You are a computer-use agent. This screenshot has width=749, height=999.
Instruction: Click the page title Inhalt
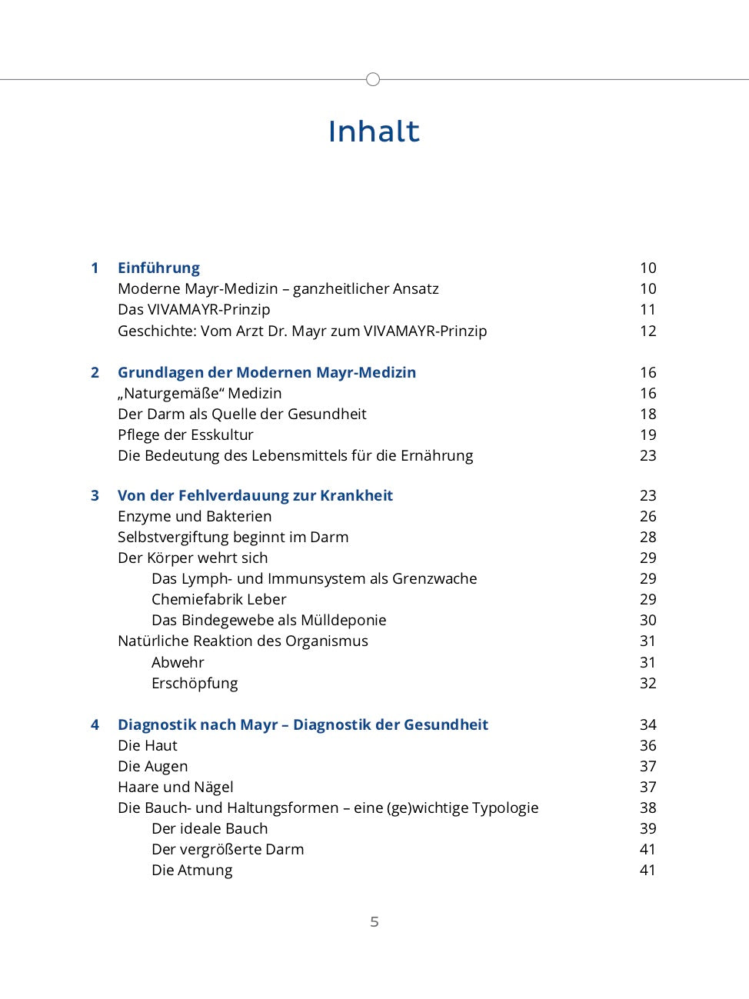click(374, 132)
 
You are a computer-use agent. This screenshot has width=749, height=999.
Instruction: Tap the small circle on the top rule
click(373, 79)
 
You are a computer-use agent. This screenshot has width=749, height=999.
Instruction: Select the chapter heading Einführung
click(158, 268)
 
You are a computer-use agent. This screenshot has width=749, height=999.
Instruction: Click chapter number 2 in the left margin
click(95, 372)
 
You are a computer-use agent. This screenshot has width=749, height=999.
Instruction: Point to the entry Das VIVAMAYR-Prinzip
click(194, 309)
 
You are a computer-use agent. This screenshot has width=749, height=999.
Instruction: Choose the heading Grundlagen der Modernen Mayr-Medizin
click(266, 372)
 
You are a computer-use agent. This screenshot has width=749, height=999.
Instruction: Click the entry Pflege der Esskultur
click(185, 435)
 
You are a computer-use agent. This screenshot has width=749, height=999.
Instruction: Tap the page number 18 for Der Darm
click(647, 414)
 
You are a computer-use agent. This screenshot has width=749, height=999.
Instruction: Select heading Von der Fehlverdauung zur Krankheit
click(255, 495)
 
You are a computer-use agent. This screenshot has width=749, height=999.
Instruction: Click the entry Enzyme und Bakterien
click(195, 516)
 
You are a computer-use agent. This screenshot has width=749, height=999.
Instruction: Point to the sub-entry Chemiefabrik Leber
click(218, 599)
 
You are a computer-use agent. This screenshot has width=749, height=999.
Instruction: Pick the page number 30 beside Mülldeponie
click(647, 620)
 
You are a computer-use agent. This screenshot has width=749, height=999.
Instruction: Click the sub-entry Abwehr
click(178, 662)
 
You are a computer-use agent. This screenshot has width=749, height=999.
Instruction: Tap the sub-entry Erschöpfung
click(195, 683)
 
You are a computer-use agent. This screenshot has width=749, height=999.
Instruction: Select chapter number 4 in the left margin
click(95, 724)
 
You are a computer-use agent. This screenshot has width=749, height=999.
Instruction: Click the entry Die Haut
click(147, 745)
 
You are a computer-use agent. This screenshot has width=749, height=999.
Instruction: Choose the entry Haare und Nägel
click(175, 787)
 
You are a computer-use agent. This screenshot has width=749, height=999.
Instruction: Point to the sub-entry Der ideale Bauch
click(209, 828)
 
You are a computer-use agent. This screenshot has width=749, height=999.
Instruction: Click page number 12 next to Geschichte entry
click(647, 331)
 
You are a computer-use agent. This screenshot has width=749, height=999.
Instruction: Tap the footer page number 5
click(374, 921)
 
